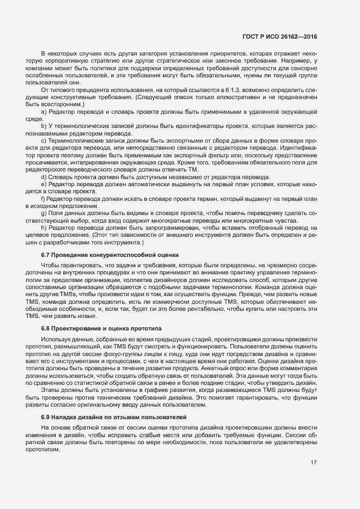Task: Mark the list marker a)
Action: tap(44, 111)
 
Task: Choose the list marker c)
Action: tap(44, 140)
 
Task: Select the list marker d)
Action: tap(44, 177)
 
